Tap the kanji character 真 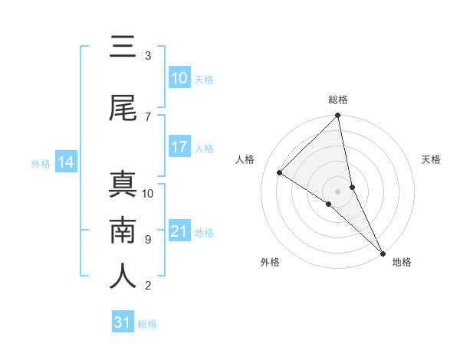click(123, 185)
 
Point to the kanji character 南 click(123, 231)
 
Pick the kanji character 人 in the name click(123, 277)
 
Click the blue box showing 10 click(179, 78)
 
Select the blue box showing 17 click(179, 147)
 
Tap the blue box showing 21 click(179, 231)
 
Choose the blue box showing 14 click(65, 162)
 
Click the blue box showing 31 click(122, 322)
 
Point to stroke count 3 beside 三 click(148, 56)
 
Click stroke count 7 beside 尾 click(148, 116)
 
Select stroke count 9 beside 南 click(148, 239)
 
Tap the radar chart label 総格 click(338, 100)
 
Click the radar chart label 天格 click(431, 159)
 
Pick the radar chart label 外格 click(270, 262)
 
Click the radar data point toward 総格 click(338, 116)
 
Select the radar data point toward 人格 click(280, 172)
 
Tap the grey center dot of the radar click(338, 191)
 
